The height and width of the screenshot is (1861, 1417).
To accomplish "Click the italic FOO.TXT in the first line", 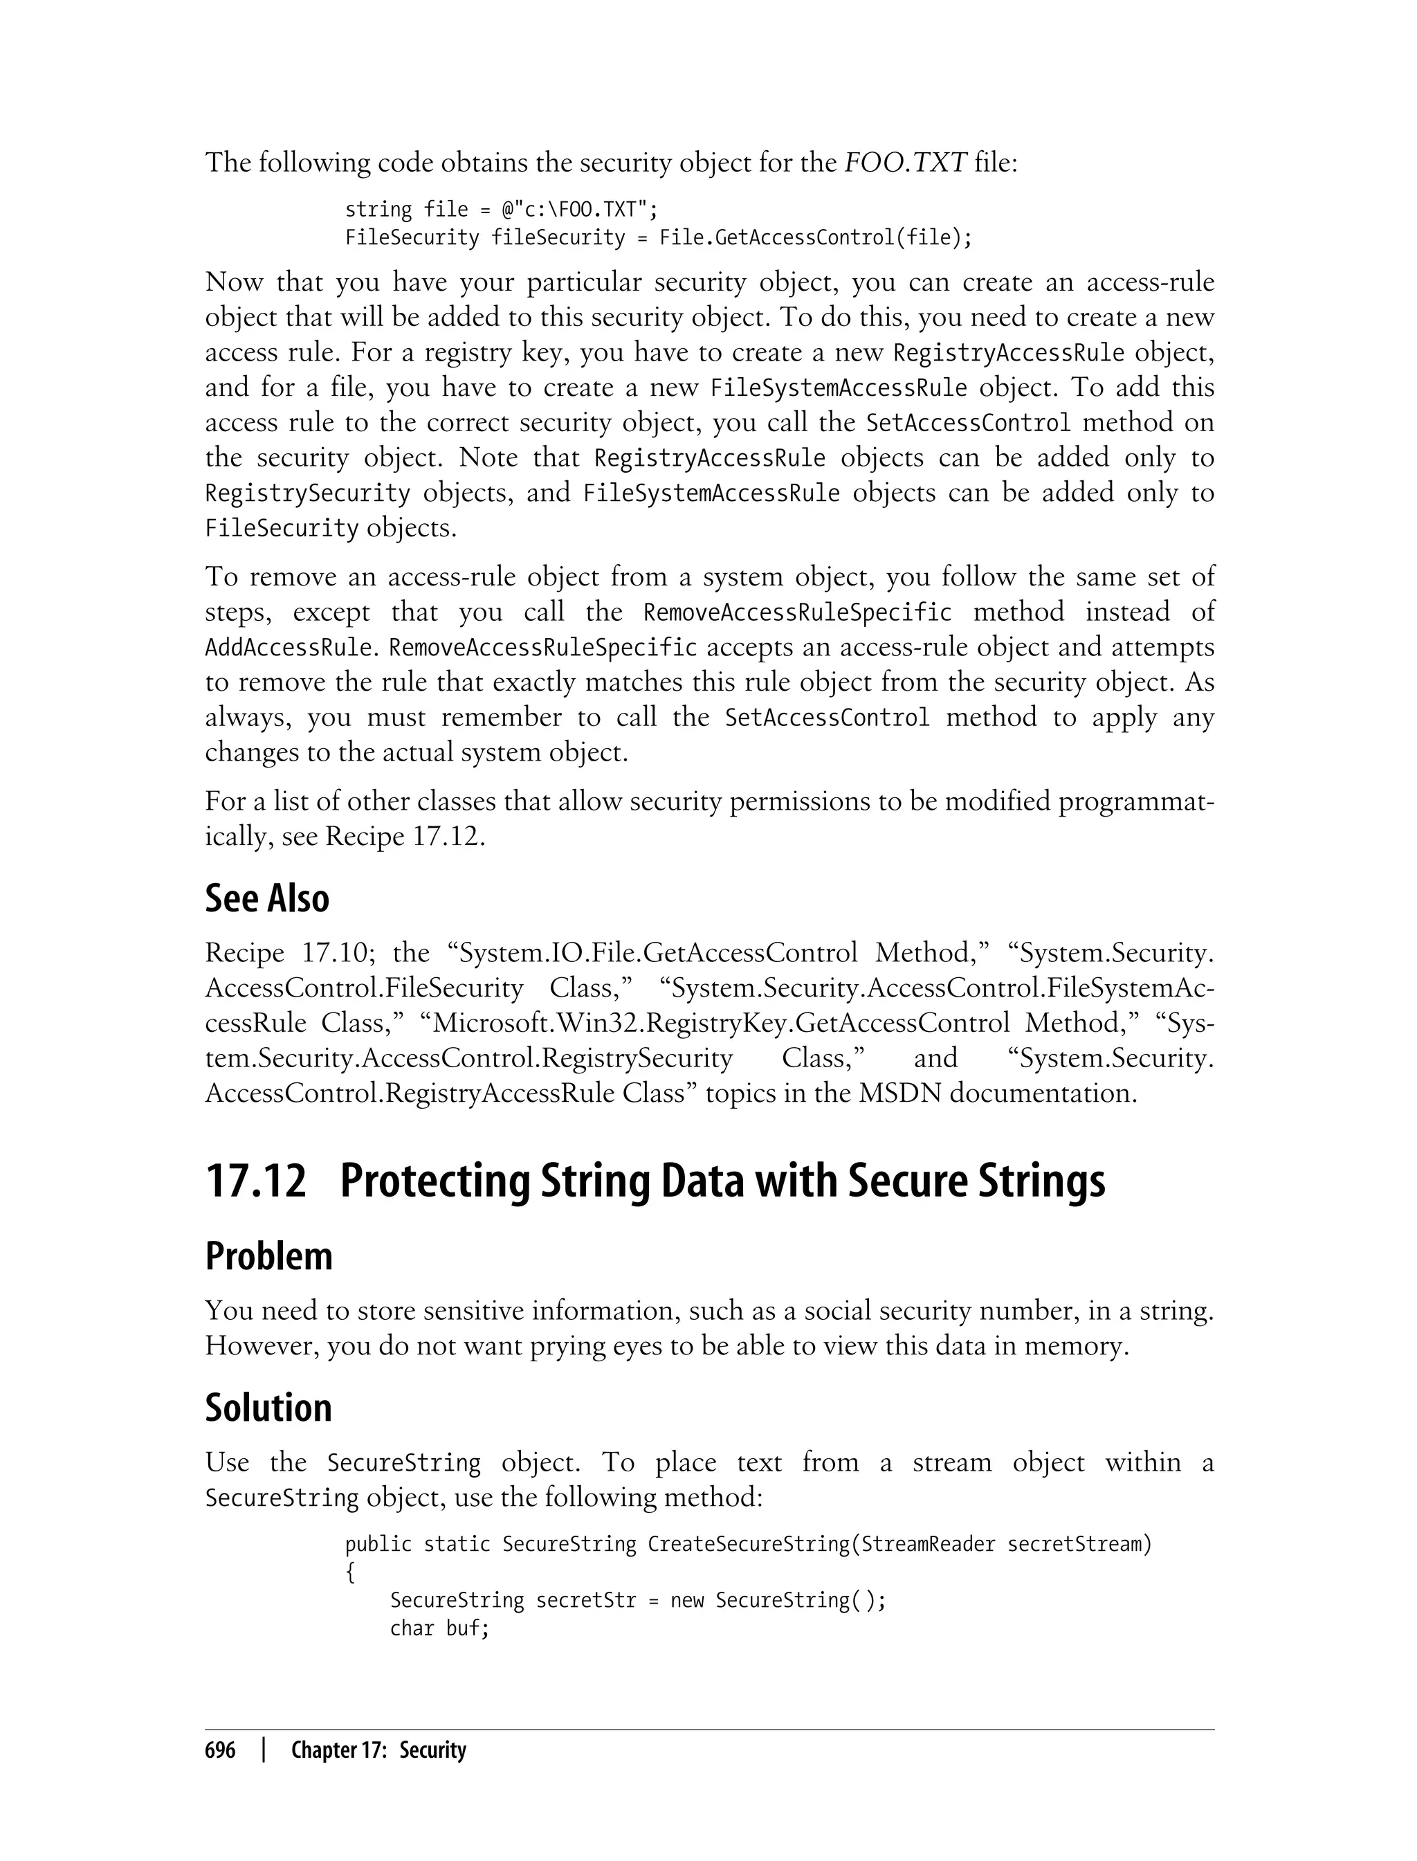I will tap(904, 162).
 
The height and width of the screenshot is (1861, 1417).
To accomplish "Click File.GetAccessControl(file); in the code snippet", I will tap(816, 237).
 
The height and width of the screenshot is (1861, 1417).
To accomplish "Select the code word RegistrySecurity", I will tap(307, 493).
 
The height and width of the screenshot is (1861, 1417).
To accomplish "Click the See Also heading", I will tap(266, 898).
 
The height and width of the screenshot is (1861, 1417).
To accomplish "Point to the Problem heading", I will tap(268, 1256).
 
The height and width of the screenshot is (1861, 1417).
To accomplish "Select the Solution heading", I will tap(268, 1408).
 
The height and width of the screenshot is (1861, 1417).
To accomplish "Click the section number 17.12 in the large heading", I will tap(255, 1181).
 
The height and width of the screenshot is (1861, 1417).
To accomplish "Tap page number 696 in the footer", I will tap(220, 1750).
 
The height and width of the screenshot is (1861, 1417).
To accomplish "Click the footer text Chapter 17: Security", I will tap(378, 1750).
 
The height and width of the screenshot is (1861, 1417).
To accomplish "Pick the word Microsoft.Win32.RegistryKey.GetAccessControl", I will tap(720, 1024).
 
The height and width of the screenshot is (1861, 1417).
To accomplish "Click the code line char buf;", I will tap(439, 1628).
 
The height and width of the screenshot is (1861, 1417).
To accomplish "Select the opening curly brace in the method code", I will tap(351, 1572).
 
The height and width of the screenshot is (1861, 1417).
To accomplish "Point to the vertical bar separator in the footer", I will tap(264, 1750).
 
